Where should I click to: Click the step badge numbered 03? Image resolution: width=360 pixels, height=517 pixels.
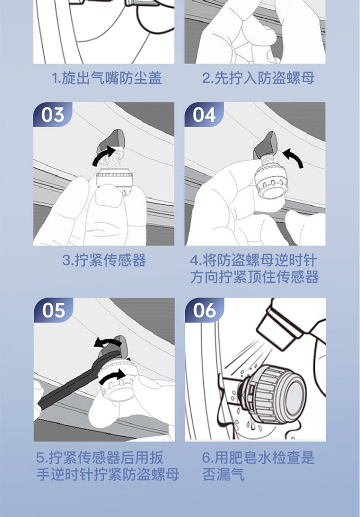tap(52, 115)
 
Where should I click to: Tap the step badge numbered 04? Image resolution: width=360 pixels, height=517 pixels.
tap(204, 115)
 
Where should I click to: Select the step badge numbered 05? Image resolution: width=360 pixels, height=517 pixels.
tap(53, 310)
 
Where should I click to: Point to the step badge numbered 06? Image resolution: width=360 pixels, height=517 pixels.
tap(204, 310)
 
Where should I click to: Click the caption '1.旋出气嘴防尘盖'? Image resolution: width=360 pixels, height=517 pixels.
tap(107, 78)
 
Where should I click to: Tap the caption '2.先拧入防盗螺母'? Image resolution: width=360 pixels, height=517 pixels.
tap(258, 78)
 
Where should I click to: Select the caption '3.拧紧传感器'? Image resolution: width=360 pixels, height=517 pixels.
tap(104, 260)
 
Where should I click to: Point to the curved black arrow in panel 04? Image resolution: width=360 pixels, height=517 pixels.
tap(293, 157)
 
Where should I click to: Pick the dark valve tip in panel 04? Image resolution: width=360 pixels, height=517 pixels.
tap(265, 144)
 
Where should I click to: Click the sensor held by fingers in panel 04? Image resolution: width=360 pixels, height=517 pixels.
tap(271, 181)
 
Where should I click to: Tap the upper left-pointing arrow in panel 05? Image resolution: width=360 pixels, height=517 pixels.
tap(105, 342)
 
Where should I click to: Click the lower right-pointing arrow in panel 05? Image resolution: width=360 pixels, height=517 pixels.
tap(112, 376)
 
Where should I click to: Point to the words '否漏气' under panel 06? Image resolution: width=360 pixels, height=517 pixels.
tap(223, 474)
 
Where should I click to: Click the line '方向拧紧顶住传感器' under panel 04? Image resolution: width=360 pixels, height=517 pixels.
tap(254, 277)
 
